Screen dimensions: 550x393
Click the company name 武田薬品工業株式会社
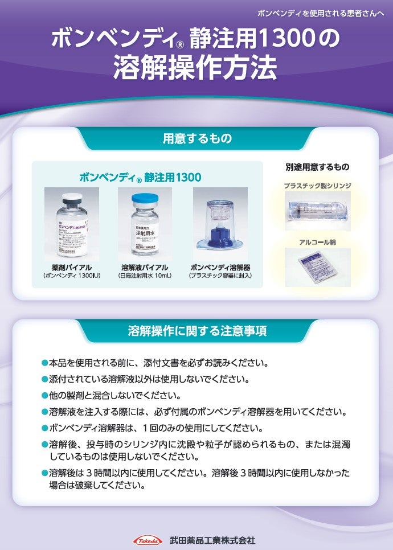tap(212, 540)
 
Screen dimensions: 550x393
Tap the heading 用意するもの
tap(197, 138)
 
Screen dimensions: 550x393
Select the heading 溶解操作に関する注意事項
tap(197, 331)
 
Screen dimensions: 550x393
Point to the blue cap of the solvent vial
tap(145, 200)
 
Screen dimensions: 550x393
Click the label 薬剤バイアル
tap(71, 267)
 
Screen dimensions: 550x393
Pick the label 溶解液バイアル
tap(144, 267)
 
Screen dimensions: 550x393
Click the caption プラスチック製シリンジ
tap(317, 186)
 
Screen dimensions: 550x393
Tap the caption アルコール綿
tap(317, 242)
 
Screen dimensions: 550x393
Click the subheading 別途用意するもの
tap(317, 167)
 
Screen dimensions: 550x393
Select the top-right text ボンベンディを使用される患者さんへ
tap(321, 12)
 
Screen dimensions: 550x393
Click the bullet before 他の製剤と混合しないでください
tap(45, 395)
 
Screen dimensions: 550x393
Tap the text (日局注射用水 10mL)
tap(144, 276)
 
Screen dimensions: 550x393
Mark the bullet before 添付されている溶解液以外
tap(45, 379)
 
